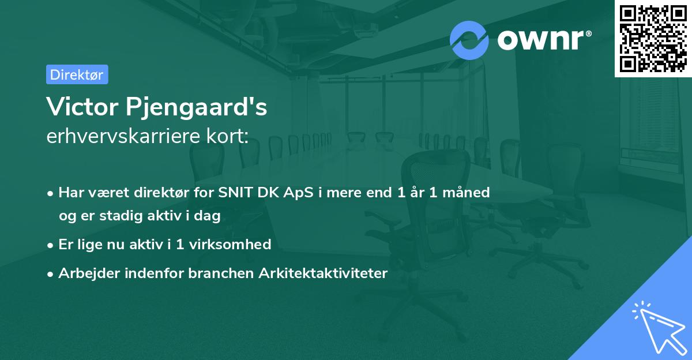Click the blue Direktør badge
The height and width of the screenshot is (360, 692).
(77, 74)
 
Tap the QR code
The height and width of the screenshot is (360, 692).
(653, 38)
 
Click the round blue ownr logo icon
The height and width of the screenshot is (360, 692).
(469, 40)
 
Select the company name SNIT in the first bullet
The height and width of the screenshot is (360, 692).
(235, 193)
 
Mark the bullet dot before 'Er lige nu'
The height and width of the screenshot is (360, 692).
(51, 245)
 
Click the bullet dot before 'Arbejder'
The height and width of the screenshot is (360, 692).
(51, 274)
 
